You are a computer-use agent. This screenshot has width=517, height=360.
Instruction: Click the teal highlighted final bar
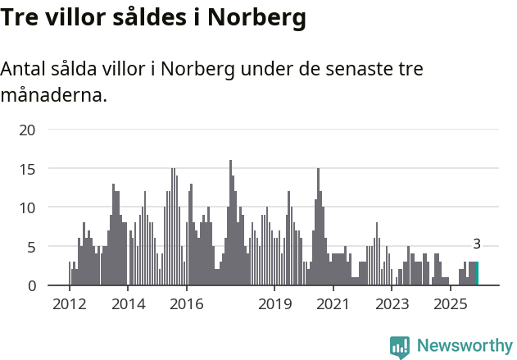477,274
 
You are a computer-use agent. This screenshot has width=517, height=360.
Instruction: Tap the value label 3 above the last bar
477,244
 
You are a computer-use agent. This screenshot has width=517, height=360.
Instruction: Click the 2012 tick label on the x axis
69,304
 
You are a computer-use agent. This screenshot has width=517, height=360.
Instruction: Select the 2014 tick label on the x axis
128,304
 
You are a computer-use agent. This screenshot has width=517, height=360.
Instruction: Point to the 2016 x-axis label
187,304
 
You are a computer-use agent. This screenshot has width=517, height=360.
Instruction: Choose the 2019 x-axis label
274,304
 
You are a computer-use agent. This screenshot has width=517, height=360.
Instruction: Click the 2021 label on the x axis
333,304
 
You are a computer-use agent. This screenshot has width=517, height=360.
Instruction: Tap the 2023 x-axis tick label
392,304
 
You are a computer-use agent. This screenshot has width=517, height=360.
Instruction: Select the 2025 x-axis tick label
451,304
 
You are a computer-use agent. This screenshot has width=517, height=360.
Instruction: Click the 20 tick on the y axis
28,130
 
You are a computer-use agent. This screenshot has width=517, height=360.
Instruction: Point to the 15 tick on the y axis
28,169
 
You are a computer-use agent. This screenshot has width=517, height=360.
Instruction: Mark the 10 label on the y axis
28,207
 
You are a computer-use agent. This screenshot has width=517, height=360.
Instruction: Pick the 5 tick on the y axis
32,247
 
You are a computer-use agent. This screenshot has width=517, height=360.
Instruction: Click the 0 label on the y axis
32,285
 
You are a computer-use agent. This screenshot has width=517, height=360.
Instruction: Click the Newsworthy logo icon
400,347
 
